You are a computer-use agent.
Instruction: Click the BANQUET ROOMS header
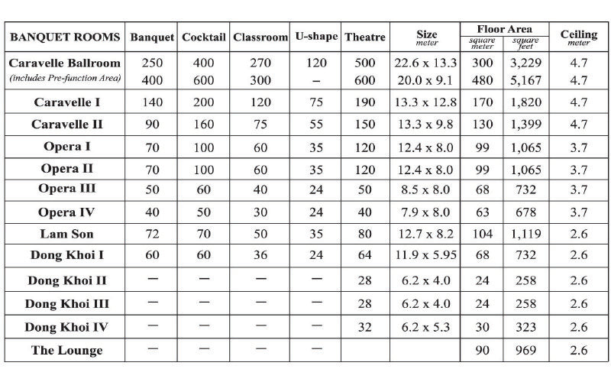pyautogui.click(x=65, y=37)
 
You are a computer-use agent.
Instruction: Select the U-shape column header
pyautogui.click(x=315, y=37)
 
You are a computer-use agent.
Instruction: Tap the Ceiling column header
pyautogui.click(x=579, y=36)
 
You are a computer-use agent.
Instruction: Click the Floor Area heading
pyautogui.click(x=504, y=28)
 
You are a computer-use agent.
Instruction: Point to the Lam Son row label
pyautogui.click(x=66, y=234)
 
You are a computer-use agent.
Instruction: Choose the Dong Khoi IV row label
pyautogui.click(x=66, y=327)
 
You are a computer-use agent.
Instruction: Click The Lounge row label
pyautogui.click(x=66, y=351)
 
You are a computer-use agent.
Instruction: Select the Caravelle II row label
pyautogui.click(x=66, y=125)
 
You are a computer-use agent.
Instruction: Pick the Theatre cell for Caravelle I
pyautogui.click(x=366, y=102)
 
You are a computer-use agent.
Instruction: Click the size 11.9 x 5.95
pyautogui.click(x=427, y=254)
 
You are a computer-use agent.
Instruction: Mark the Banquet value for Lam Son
pyautogui.click(x=153, y=234)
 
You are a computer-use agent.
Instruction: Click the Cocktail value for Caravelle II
pyautogui.click(x=203, y=125)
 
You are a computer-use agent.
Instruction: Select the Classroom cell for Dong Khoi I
pyautogui.click(x=260, y=254)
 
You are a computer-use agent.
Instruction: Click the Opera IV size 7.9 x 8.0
pyautogui.click(x=427, y=212)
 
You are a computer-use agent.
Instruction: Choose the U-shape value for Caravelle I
pyautogui.click(x=315, y=102)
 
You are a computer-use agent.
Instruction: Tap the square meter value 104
pyautogui.click(x=482, y=234)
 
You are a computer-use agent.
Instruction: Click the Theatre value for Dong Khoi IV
pyautogui.click(x=366, y=327)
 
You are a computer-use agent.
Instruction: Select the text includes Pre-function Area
pyautogui.click(x=66, y=79)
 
